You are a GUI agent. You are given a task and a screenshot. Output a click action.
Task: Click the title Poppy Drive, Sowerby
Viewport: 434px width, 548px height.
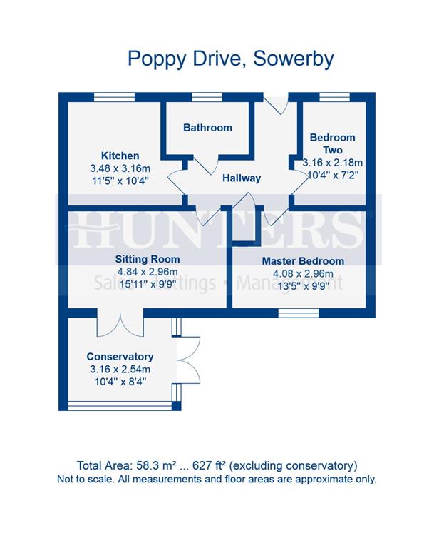(230, 58)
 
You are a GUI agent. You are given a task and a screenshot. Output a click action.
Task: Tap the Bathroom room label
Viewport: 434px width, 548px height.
(207, 128)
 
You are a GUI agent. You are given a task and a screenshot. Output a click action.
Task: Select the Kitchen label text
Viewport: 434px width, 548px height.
(120, 156)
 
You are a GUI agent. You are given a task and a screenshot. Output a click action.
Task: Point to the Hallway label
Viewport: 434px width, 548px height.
(241, 178)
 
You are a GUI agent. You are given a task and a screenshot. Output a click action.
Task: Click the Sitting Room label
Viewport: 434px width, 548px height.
(148, 259)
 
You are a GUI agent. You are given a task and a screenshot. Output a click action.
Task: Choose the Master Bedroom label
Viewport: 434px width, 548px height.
(302, 261)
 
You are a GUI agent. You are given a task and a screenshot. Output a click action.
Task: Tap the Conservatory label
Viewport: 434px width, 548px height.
(120, 357)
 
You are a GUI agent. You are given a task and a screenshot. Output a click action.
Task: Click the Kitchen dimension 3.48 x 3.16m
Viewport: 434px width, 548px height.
(120, 168)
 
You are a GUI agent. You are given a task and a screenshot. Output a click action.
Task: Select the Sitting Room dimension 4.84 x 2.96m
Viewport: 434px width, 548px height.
(148, 272)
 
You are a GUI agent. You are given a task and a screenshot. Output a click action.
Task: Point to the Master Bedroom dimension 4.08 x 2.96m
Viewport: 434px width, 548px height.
(302, 274)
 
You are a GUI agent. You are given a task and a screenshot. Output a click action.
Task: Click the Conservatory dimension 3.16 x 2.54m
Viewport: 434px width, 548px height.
(120, 370)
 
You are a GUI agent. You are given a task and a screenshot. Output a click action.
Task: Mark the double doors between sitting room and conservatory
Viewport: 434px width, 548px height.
(120, 325)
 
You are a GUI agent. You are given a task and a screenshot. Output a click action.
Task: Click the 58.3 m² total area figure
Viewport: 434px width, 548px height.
(163, 465)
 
